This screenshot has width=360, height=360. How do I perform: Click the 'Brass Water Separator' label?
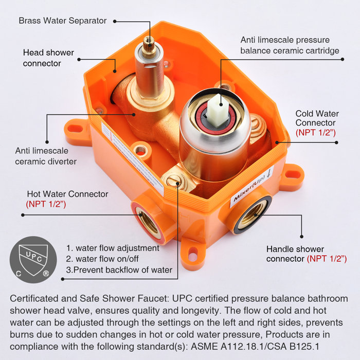pos(63,21)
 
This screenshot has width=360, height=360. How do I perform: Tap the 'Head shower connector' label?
pos(48,58)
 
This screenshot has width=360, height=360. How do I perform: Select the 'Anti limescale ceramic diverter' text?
pos(46,156)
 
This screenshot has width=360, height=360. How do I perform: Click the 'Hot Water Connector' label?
pos(67,194)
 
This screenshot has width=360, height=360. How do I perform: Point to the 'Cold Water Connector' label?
pos(316,118)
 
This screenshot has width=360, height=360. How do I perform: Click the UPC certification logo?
pos(33,260)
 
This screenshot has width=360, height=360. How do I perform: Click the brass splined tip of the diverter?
pos(150,42)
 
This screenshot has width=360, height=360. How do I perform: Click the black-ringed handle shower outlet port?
pos(253,212)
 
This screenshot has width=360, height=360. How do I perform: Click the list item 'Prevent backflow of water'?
pos(119,270)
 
